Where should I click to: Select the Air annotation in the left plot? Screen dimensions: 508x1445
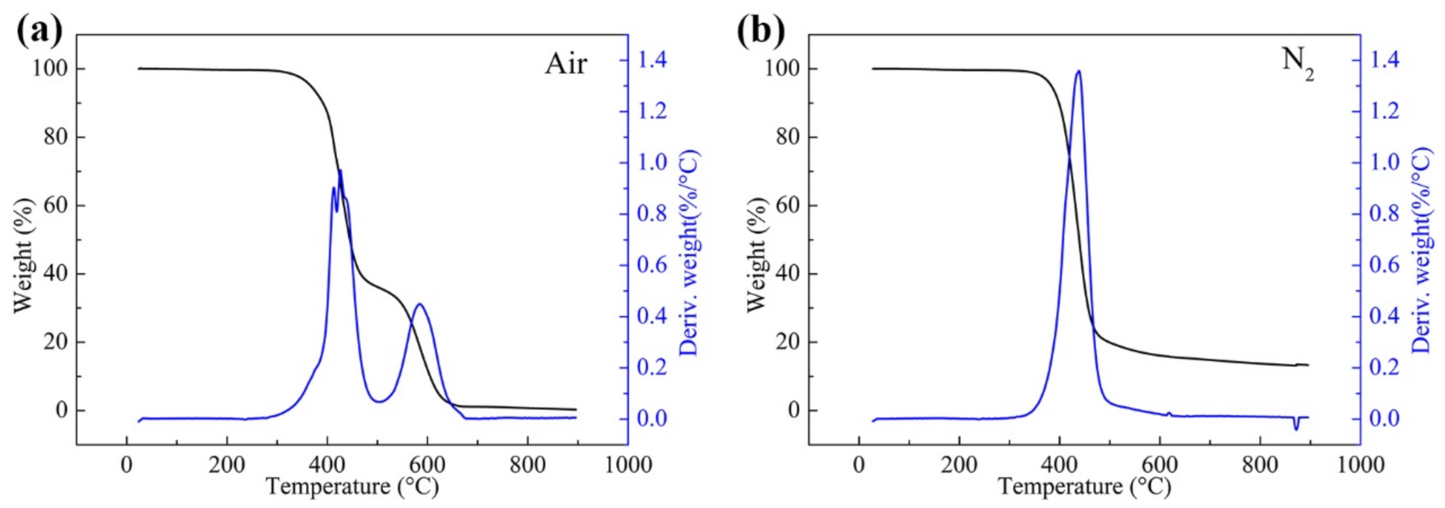(566, 64)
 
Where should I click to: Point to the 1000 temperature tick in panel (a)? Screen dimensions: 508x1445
(628, 464)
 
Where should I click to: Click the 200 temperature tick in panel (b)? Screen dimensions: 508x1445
(959, 464)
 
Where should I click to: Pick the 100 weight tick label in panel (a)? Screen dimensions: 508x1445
(50, 68)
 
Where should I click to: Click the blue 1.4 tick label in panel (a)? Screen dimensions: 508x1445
(652, 60)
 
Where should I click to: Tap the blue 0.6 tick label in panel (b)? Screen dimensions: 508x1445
(1385, 265)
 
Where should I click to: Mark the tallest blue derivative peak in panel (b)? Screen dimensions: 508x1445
(1079, 71)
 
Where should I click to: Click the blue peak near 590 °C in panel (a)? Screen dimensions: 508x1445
(420, 304)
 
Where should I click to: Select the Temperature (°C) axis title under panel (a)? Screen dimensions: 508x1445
(352, 487)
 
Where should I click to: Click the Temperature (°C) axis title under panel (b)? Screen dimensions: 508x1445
(1084, 487)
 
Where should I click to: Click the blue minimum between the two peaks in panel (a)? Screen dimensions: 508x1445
(379, 401)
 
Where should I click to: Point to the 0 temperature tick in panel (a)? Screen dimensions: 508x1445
(126, 464)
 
